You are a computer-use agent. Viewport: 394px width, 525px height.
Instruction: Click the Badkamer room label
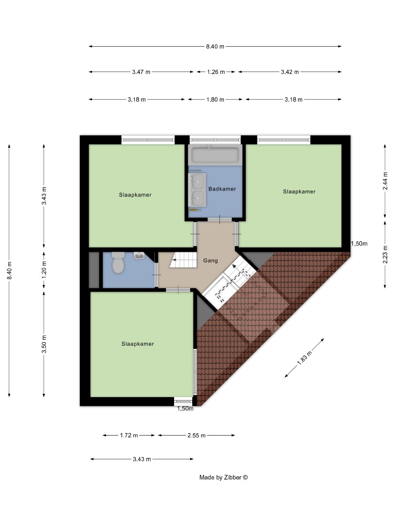222,189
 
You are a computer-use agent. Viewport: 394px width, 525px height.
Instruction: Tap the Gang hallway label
210,261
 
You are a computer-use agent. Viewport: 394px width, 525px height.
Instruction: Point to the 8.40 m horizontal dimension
215,47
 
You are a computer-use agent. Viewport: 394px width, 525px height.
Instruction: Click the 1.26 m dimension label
216,72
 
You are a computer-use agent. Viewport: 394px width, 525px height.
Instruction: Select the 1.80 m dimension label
215,100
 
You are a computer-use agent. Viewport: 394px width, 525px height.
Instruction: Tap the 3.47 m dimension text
141,72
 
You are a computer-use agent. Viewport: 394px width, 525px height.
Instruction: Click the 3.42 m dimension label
289,72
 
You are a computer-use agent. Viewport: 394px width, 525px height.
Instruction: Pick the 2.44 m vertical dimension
385,181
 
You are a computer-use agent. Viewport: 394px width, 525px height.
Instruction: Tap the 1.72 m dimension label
129,435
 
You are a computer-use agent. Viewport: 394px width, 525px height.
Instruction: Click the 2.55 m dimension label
197,435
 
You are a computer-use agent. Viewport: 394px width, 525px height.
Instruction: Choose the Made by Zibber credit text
223,477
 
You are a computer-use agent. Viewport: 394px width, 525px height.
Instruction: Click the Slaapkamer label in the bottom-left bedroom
138,344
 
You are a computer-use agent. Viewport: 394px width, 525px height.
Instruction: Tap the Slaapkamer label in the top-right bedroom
299,192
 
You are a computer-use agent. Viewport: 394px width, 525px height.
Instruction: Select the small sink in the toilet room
139,255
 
